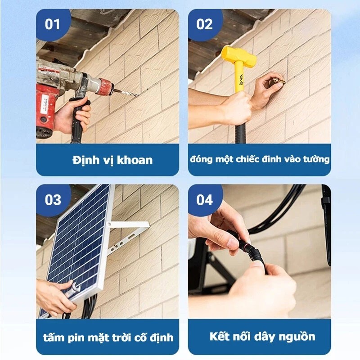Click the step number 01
point(52,24)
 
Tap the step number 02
point(204,24)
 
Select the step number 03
point(53,199)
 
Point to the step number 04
point(205,199)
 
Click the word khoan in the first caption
point(135,160)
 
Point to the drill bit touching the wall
point(127,93)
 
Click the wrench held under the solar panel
point(72,290)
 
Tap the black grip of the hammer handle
point(240,134)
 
